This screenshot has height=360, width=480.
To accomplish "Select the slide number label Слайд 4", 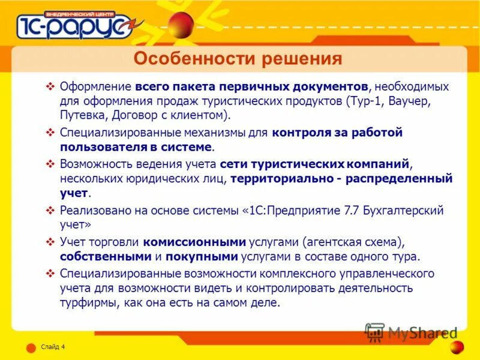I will [53, 347].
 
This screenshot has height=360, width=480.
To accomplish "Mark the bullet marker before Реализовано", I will [50, 211].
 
